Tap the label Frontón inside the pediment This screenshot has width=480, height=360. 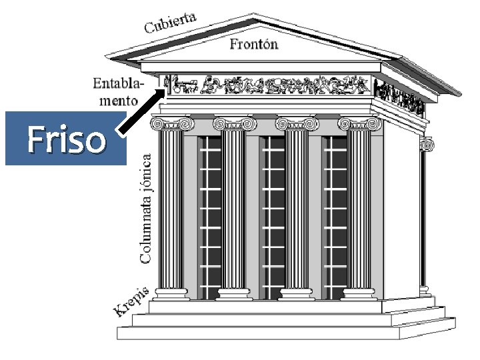[x=254, y=44]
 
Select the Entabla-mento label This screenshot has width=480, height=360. [x=119, y=92]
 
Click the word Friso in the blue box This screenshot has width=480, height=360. [x=67, y=139]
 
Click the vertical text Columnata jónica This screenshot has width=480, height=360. [x=145, y=209]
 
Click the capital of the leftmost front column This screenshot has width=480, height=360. [x=173, y=123]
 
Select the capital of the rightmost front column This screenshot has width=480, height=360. [x=360, y=123]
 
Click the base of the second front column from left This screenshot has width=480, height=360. [x=234, y=294]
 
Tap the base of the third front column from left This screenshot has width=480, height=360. [x=296, y=294]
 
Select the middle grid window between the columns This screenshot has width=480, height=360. [x=272, y=218]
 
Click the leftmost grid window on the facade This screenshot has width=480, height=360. [x=209, y=218]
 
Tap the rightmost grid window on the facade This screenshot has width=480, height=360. [x=335, y=218]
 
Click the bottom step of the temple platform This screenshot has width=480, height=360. [x=286, y=333]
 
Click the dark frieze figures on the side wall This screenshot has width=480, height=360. [x=399, y=95]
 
